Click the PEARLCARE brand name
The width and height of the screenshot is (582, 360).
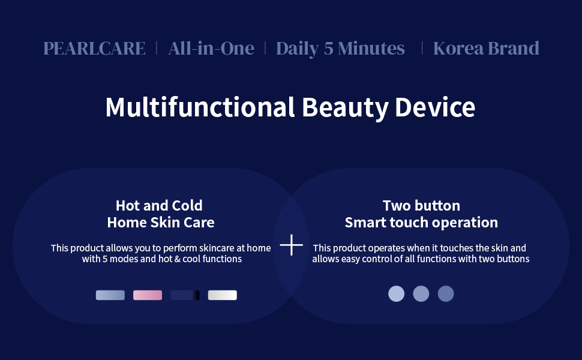tap(94, 48)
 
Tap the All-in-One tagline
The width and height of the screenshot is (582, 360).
tap(211, 48)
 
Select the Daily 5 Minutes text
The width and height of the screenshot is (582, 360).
tap(340, 49)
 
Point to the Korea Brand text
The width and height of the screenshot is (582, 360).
tap(486, 48)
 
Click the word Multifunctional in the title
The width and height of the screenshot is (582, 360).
tap(200, 107)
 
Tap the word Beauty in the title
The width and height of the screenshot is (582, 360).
tap(345, 108)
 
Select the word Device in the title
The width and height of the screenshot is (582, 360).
tap(435, 107)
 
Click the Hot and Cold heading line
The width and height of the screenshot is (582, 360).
tap(159, 205)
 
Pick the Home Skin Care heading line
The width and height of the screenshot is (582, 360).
tap(161, 223)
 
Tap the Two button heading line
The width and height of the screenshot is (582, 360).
tap(421, 205)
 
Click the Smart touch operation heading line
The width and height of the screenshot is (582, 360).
tap(421, 223)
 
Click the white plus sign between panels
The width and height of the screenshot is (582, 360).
tap(292, 245)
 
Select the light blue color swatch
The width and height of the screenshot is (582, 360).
tap(110, 295)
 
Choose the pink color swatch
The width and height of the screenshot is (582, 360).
tap(148, 295)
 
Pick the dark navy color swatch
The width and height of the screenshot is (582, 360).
tap(185, 295)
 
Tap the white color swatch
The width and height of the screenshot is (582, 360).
tap(223, 295)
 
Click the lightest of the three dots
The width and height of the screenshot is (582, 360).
tap(397, 293)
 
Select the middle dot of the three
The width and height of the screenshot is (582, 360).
tap(421, 293)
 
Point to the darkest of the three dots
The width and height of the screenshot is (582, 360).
tap(446, 293)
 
